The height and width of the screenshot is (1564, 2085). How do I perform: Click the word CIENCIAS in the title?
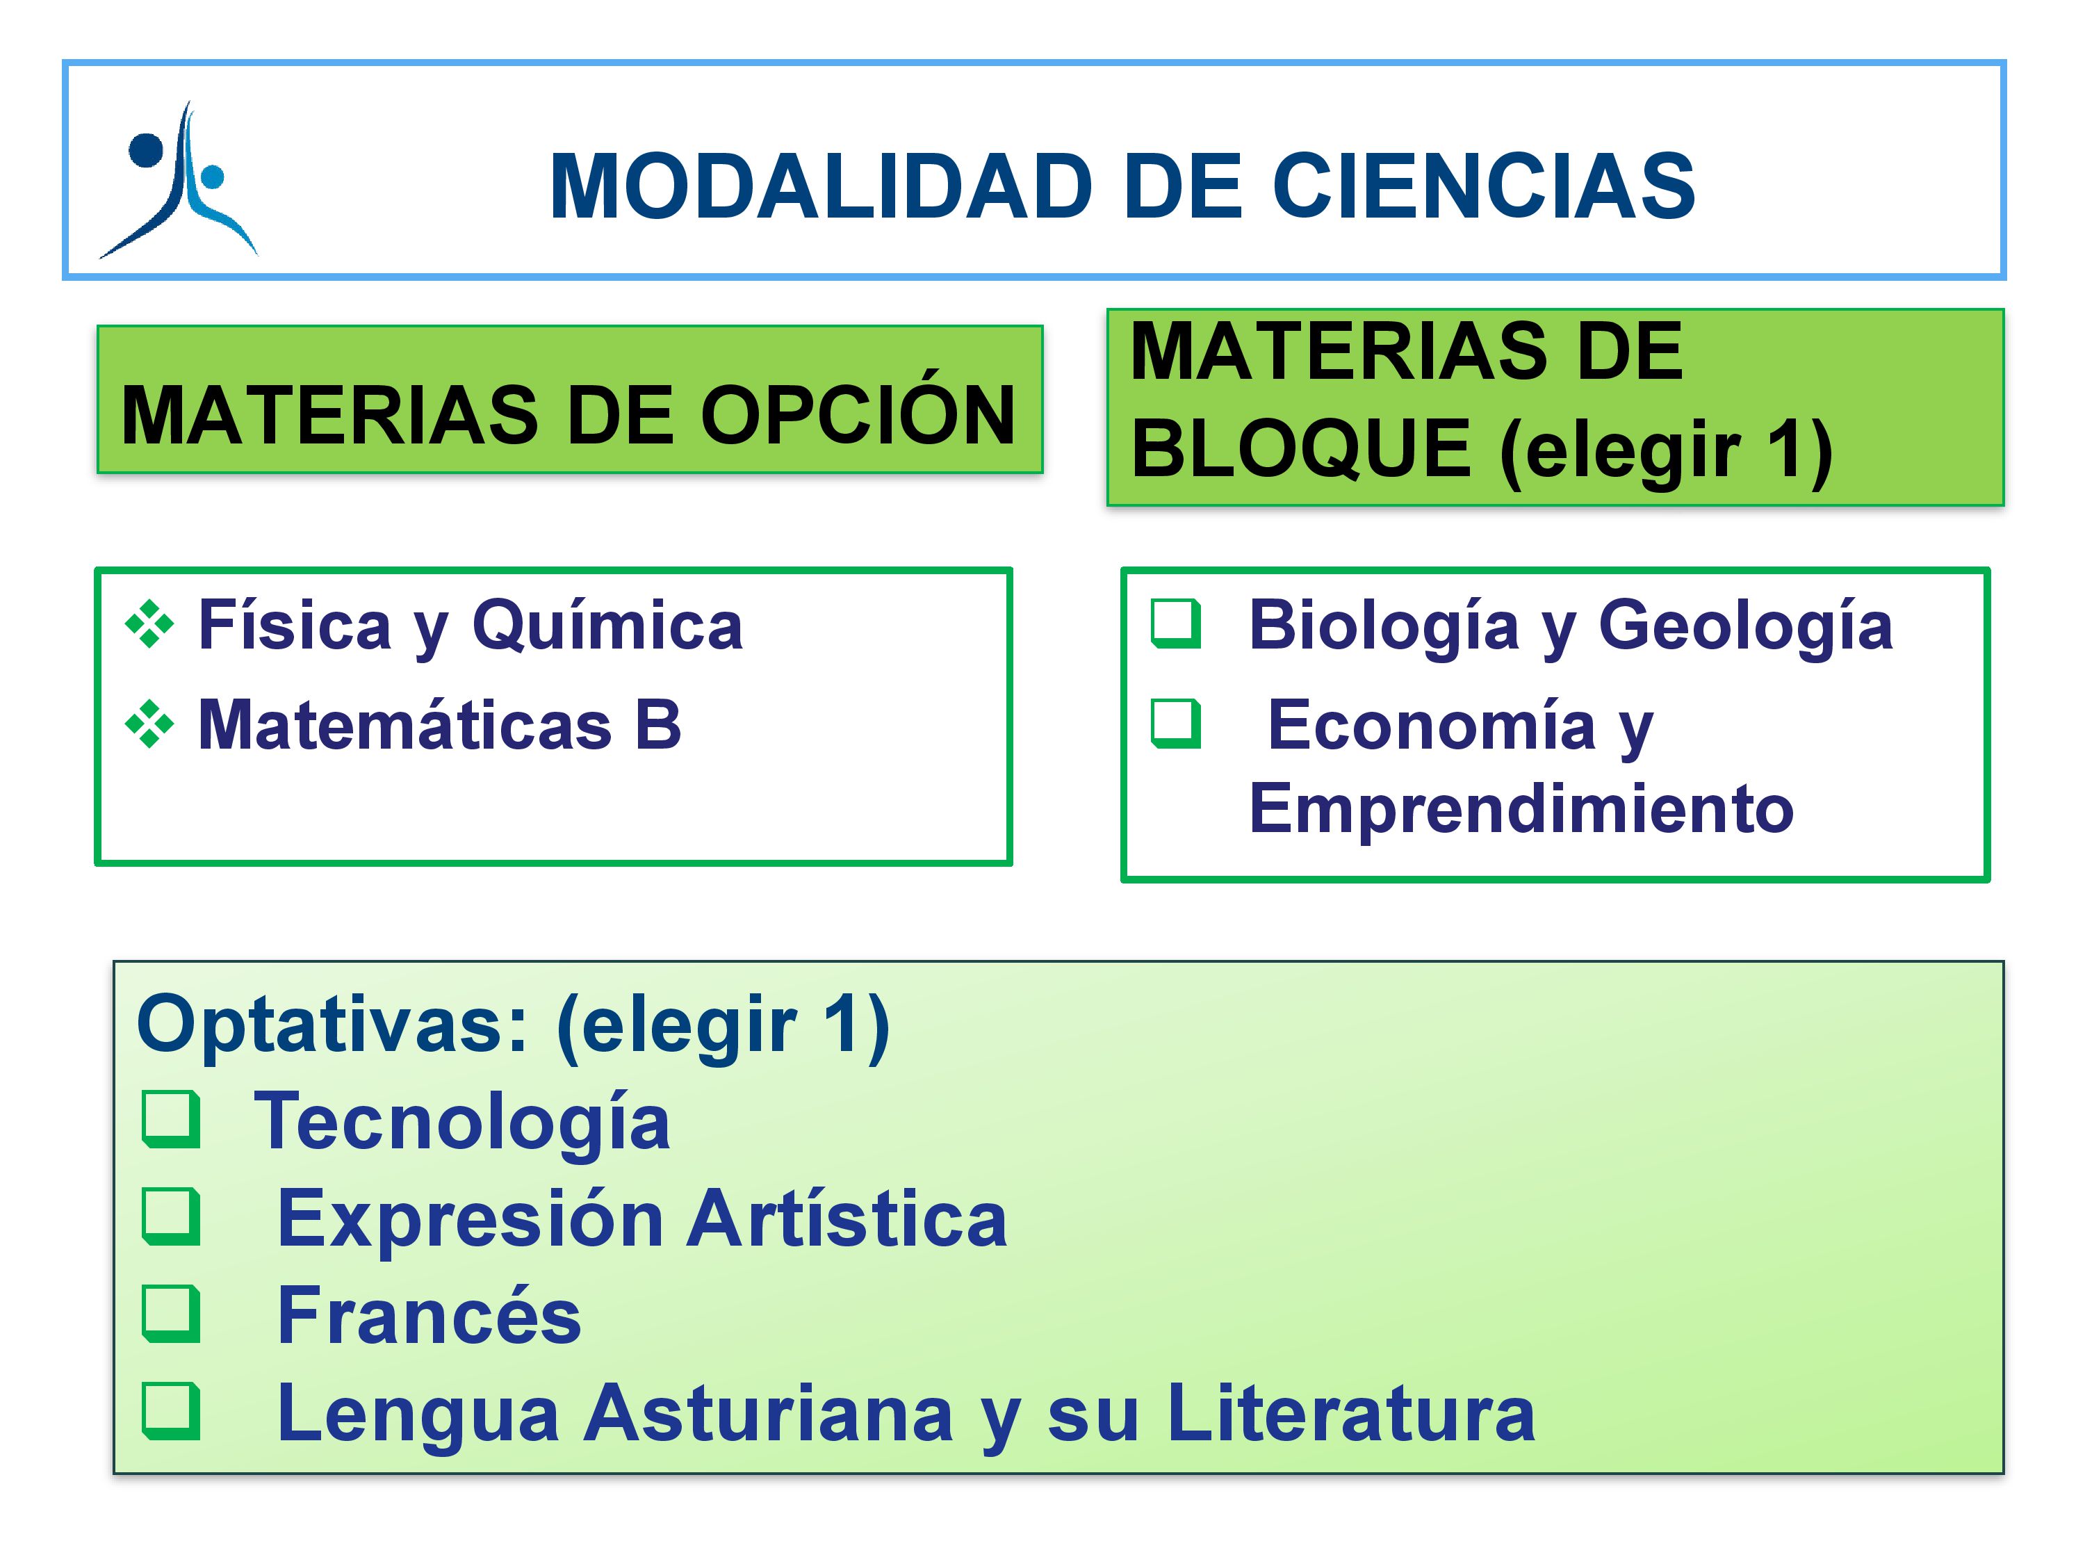pos(1484,187)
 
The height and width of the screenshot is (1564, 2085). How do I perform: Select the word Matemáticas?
pos(405,725)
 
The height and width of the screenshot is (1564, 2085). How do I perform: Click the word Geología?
pos(1746,627)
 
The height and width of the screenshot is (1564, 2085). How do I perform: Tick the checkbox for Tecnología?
pos(172,1120)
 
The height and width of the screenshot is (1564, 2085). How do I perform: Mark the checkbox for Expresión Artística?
pos(172,1217)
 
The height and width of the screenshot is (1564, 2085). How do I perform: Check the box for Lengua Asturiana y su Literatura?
pos(172,1411)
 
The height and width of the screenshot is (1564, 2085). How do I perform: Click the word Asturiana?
pos(768,1412)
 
